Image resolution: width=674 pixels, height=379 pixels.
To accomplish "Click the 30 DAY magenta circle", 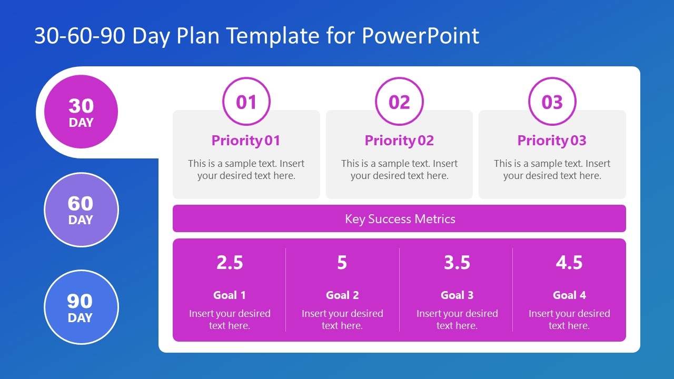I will pos(81,112).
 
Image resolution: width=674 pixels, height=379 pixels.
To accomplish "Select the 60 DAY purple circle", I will pos(81,210).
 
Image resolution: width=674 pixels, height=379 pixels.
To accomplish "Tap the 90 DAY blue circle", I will pos(81,307).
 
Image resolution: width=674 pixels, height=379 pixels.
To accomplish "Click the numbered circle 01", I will pos(246,102).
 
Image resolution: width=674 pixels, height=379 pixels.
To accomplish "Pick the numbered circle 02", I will pos(399,102).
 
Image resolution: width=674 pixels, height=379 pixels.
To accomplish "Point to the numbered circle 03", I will pos(552,102).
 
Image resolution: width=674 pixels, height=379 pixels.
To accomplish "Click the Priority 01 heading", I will pos(246,141).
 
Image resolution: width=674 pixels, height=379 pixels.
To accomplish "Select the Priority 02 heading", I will pos(399,141).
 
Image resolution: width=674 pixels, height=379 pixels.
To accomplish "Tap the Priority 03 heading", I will pos(552,141).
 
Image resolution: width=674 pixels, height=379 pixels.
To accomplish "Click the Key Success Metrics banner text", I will pos(400,219).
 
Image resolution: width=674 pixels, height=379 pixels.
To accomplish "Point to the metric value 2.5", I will pos(230,262).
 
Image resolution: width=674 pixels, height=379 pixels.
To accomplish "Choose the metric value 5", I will pos(342,262).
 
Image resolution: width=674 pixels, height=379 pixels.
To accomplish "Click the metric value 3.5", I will pos(457,262).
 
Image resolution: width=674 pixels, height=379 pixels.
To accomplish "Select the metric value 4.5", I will pos(569,262).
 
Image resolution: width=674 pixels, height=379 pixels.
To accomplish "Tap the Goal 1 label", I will pos(230,295).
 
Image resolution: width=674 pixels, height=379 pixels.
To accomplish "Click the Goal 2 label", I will pos(342,295).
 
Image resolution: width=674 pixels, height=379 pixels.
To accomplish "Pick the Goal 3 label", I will pos(457,295).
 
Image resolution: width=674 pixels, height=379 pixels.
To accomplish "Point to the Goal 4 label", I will pos(569,295).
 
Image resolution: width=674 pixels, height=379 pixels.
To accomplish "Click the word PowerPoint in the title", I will pos(421,36).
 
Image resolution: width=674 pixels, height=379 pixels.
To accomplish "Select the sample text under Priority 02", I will pos(399,169).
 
